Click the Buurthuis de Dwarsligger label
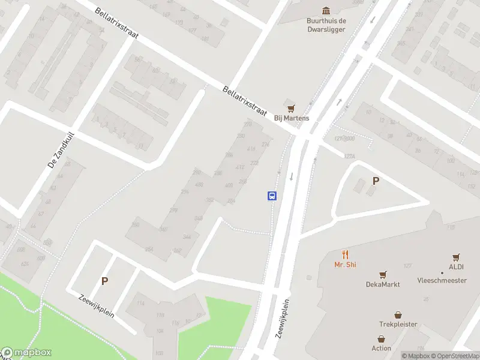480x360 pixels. coord(326,25)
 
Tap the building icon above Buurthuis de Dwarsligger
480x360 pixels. coord(326,11)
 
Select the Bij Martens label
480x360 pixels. coord(292,118)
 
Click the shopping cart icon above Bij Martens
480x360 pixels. coord(292,107)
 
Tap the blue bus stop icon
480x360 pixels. coord(272,196)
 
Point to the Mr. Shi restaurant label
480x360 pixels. coord(345,265)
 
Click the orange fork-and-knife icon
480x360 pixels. coord(345,254)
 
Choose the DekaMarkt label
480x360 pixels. coord(383,284)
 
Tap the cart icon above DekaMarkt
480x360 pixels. coord(383,274)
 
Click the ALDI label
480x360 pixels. coord(456,267)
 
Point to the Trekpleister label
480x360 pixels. coord(398,325)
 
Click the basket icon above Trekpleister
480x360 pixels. coord(398,314)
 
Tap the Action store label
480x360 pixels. coord(381,348)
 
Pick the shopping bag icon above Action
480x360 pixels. coord(381,338)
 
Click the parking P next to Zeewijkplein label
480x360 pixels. coord(104,281)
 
